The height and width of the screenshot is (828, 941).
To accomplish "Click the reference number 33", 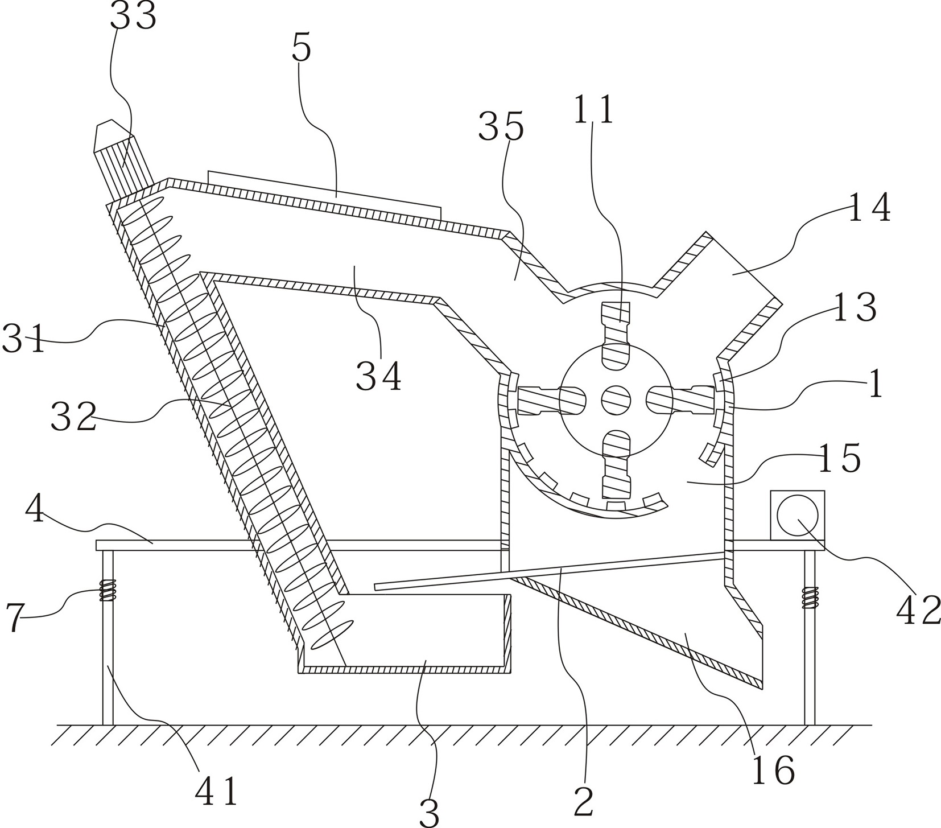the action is click(x=133, y=17).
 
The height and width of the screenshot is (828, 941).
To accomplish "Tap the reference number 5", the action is click(x=302, y=49).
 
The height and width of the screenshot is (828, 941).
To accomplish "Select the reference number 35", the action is click(x=501, y=127).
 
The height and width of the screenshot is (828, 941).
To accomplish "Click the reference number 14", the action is click(x=869, y=207).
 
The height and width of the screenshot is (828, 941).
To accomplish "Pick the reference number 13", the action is click(x=855, y=307).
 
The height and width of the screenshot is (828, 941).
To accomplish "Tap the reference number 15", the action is click(x=839, y=458).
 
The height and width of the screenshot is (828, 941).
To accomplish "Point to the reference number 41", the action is click(x=216, y=792).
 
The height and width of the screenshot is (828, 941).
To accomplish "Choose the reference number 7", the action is click(x=15, y=618).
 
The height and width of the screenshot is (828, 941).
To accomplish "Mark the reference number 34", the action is click(x=379, y=377).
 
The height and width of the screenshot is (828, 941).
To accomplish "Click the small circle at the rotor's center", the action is click(x=616, y=399).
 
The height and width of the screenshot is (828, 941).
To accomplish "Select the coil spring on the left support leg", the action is click(x=108, y=590).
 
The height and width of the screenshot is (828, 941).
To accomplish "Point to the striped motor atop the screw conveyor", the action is click(x=122, y=156).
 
